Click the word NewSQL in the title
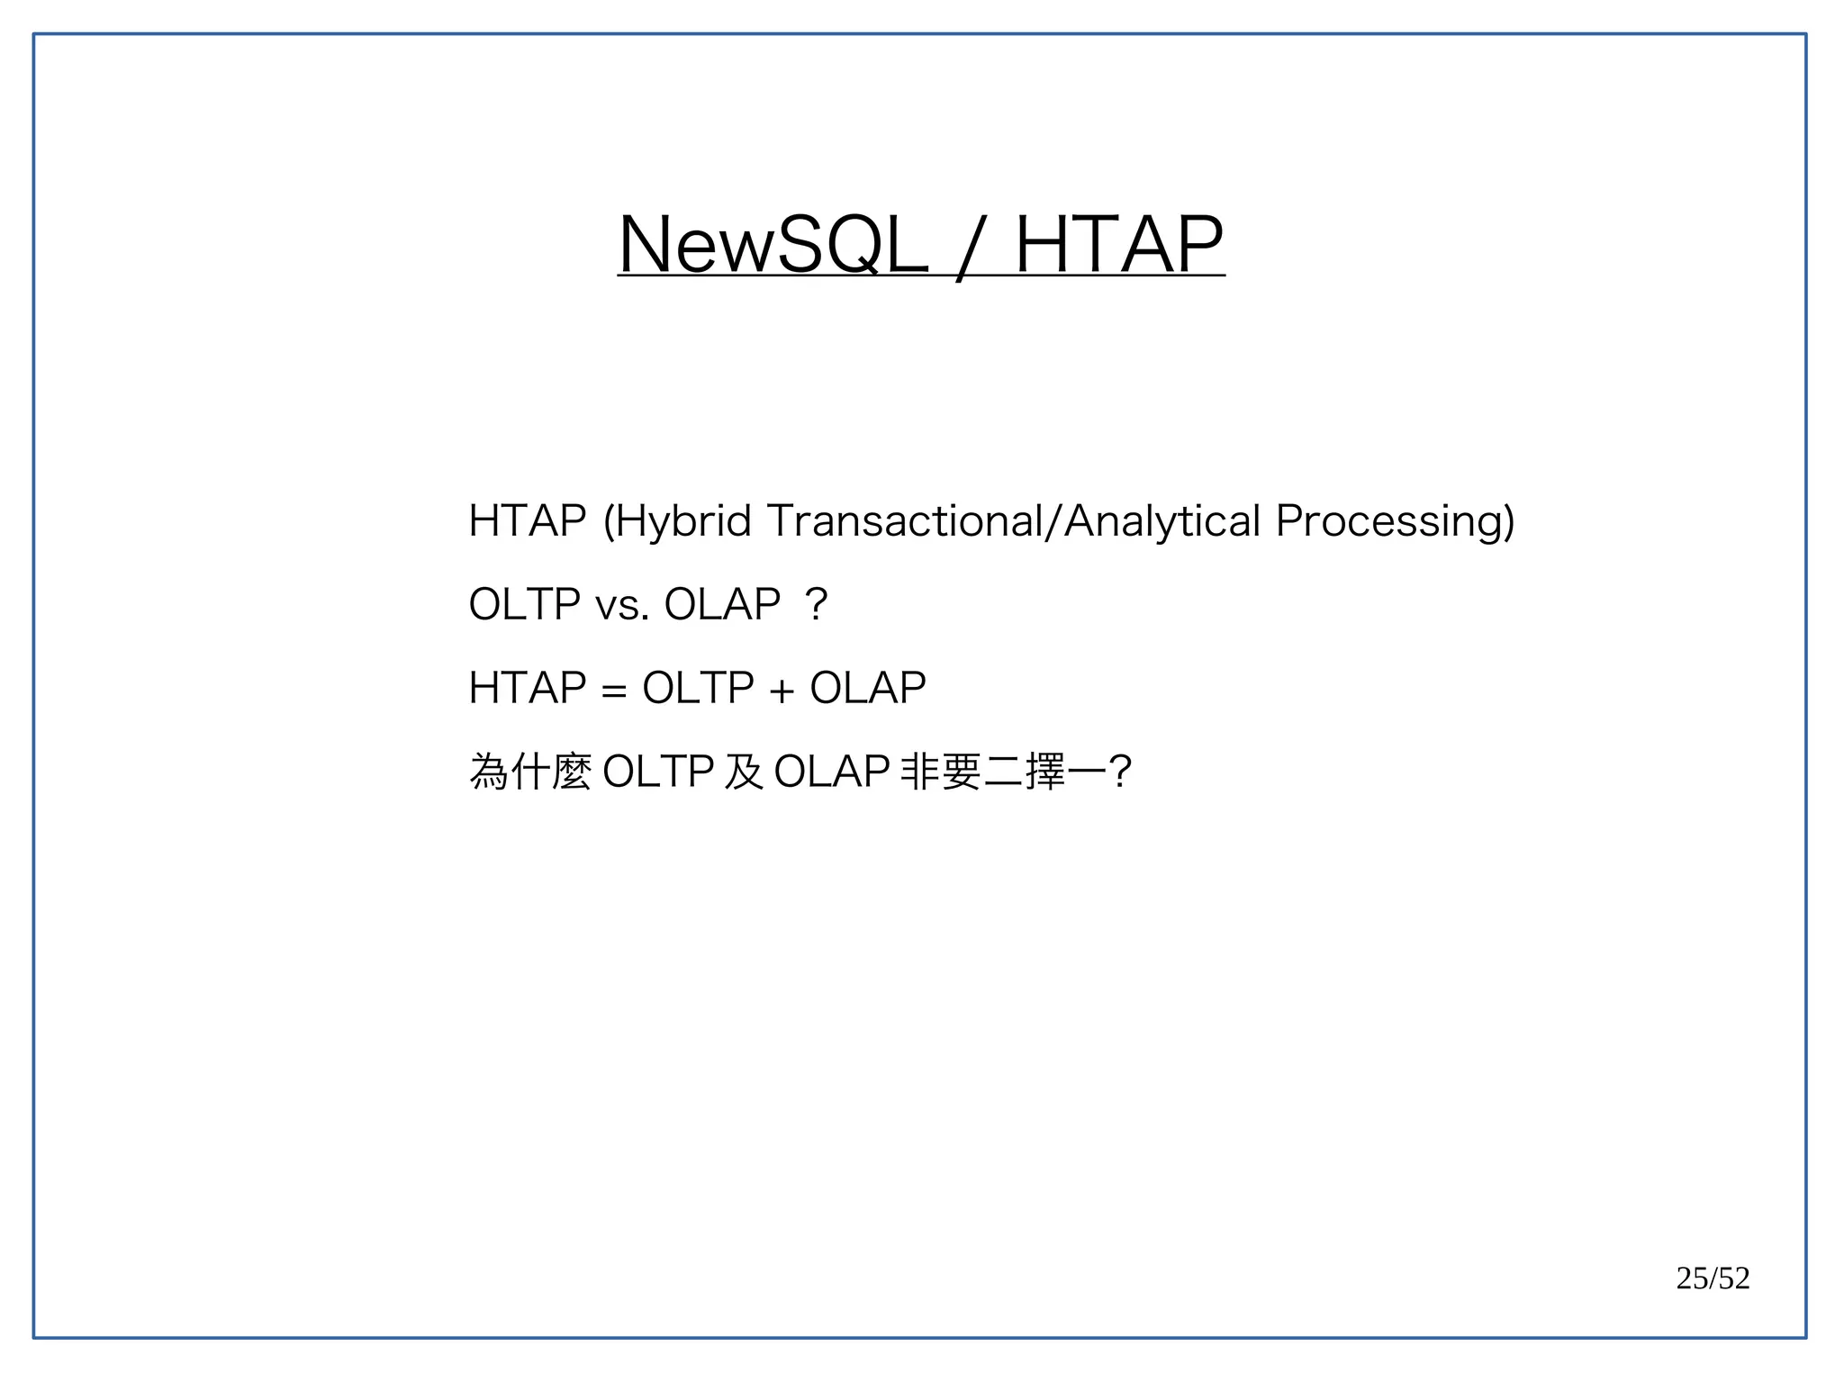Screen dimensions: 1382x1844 coord(773,245)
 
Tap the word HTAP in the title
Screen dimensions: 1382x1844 coord(1119,245)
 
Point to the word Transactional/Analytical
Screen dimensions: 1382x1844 coord(1014,521)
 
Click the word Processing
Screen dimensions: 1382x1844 coord(1395,521)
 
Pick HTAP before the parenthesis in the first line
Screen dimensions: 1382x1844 coord(528,521)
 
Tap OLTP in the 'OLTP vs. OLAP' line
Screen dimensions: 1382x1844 coord(524,604)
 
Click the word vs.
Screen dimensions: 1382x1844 coord(622,605)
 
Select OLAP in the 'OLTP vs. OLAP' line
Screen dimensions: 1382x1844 coord(722,604)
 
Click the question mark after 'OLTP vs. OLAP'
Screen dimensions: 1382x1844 coord(817,604)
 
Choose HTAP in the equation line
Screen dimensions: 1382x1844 coord(528,689)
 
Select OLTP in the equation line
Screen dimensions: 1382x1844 coord(698,689)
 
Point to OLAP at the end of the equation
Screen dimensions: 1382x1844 coord(868,689)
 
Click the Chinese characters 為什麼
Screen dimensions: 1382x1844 coord(530,772)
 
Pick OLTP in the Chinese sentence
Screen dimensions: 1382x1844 coord(657,772)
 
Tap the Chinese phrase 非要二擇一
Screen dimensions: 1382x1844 coord(1003,772)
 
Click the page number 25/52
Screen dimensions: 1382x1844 coord(1713,1278)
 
